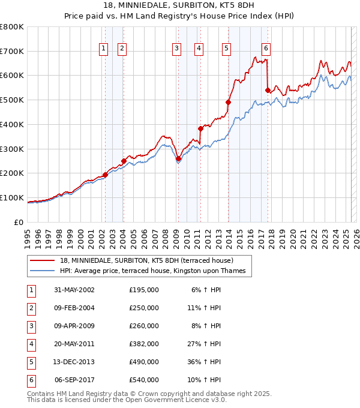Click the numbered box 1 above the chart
[103, 49]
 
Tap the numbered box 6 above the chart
[266, 49]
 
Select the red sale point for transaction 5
[228, 102]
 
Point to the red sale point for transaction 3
[178, 158]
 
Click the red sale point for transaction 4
[201, 128]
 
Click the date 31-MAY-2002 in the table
[74, 290]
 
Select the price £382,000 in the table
[143, 344]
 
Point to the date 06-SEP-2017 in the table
[74, 380]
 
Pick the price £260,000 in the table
[143, 326]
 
